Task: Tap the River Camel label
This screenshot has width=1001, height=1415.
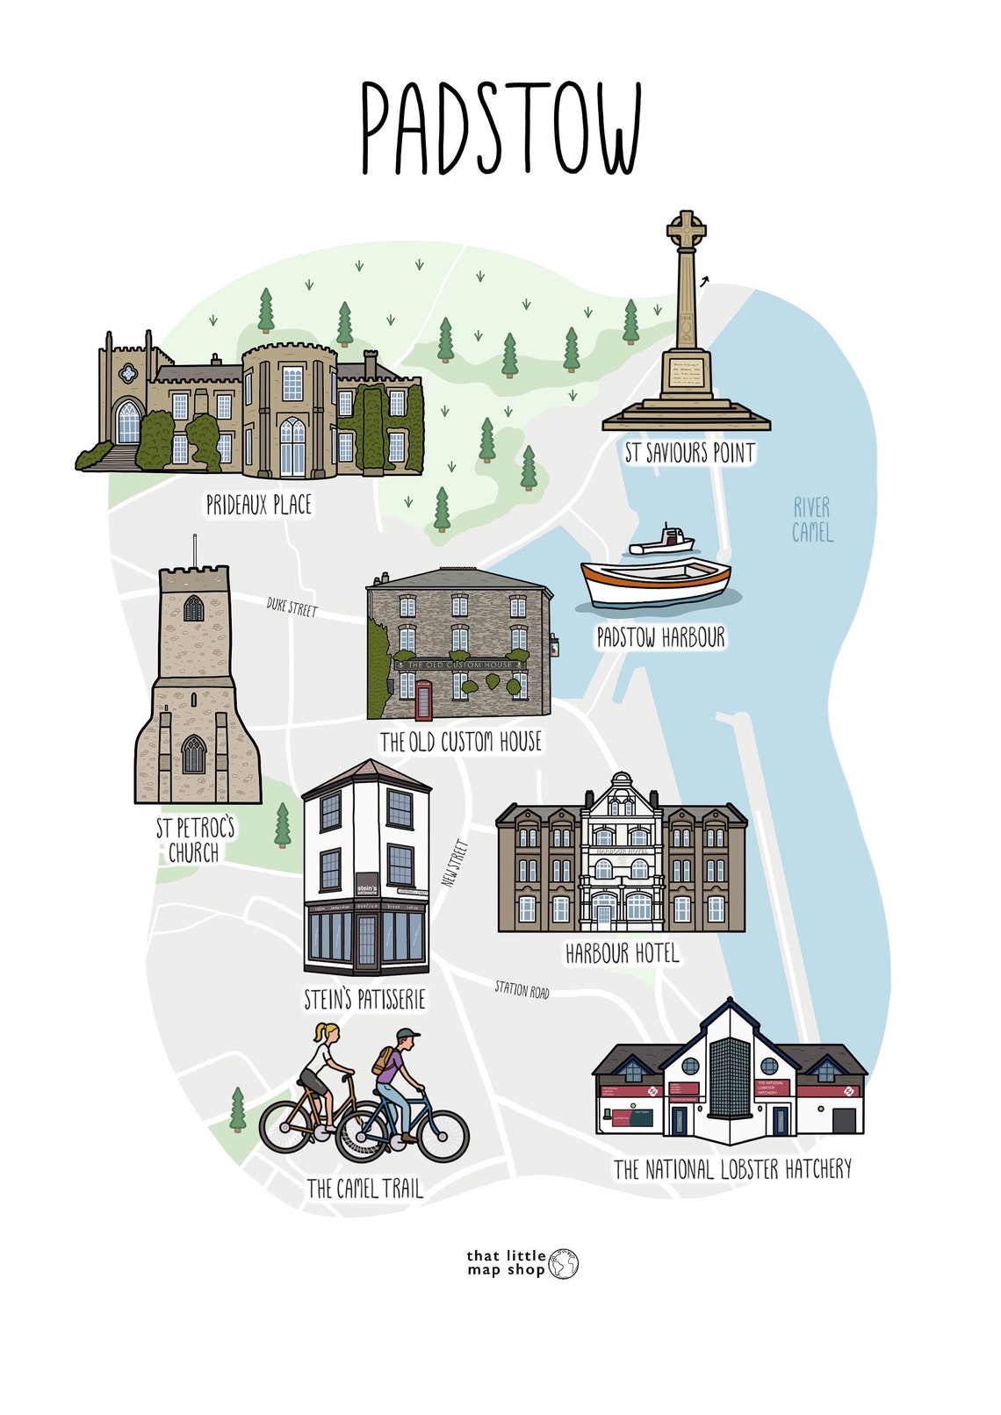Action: click(812, 520)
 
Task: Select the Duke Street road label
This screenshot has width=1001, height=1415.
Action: click(292, 607)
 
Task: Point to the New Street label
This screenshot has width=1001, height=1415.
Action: click(456, 865)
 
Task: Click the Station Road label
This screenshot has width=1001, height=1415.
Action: click(522, 989)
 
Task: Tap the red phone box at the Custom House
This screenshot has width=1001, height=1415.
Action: click(424, 700)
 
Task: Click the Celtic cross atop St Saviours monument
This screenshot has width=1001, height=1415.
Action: click(686, 231)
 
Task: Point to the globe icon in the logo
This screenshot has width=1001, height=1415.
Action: click(564, 1264)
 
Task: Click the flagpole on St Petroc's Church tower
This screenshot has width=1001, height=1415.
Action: click(194, 549)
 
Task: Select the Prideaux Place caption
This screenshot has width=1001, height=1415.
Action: click(259, 505)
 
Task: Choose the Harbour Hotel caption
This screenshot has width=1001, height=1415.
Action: click(622, 953)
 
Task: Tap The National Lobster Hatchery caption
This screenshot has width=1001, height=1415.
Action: click(732, 1169)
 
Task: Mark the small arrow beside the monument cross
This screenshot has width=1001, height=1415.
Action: click(704, 281)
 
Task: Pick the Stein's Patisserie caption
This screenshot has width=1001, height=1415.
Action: click(364, 999)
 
